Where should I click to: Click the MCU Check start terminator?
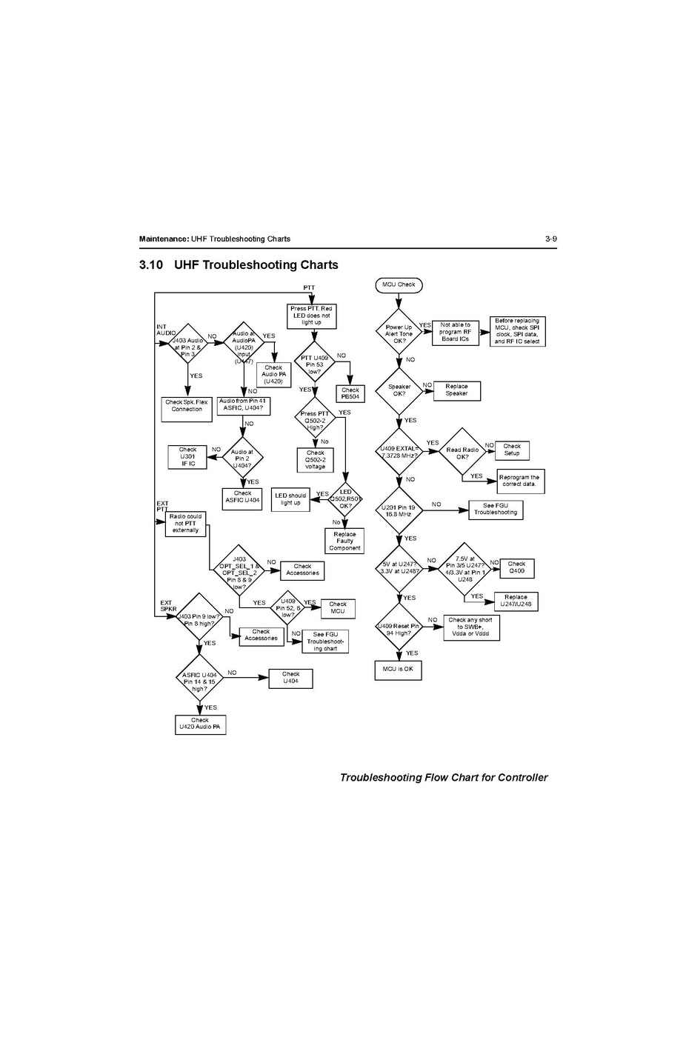coord(399,285)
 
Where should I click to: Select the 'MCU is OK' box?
coord(398,670)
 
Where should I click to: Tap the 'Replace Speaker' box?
coord(456,390)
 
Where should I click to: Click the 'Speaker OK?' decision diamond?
coord(399,390)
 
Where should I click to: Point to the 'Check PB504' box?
coord(350,393)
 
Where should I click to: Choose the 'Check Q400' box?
coord(516,567)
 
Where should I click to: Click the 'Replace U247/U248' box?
coord(516,601)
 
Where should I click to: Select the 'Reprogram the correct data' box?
coord(519,481)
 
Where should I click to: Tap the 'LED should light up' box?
coord(290,499)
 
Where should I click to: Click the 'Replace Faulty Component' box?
coord(344,541)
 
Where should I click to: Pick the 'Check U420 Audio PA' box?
coord(199,724)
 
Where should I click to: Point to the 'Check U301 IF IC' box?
coord(187,456)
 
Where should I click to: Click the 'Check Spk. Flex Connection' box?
coord(187,409)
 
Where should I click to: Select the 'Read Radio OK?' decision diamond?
coord(462,453)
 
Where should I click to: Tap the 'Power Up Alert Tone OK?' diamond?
coord(399,334)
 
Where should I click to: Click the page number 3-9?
coord(550,239)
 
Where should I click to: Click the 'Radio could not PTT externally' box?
coord(185,523)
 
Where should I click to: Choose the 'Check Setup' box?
coord(512,450)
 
